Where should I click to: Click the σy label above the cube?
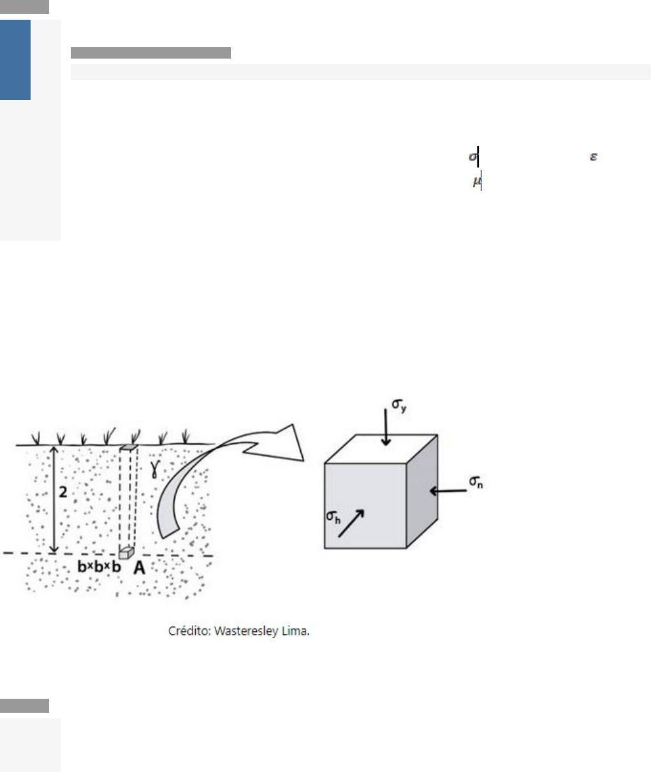point(399,405)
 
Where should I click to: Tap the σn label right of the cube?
point(476,482)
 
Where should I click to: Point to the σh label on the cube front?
point(333,517)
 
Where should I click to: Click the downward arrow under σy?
point(386,427)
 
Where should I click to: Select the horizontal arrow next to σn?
point(448,491)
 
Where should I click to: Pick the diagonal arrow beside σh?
point(351,523)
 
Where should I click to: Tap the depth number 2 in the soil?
point(63,492)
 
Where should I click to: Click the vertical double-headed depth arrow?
point(54,500)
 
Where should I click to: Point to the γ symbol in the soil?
point(156,469)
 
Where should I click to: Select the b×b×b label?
point(99,567)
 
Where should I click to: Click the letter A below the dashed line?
point(139,568)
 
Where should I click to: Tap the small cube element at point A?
point(126,553)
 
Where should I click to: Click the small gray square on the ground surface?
point(128,447)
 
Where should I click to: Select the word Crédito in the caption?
point(189,631)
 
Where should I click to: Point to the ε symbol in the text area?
point(593,157)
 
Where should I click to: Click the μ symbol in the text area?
point(477,181)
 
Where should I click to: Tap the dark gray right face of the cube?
point(422,491)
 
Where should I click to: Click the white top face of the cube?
point(381,449)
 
